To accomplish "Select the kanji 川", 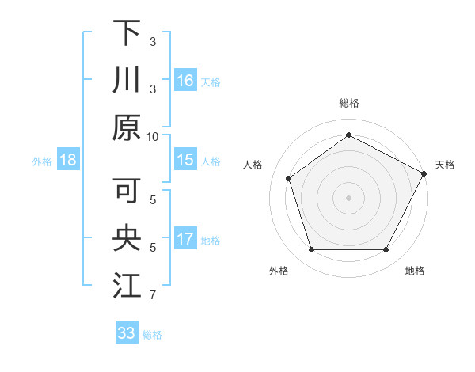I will [127, 82].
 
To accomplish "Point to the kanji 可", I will [127, 190].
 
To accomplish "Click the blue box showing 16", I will [185, 80].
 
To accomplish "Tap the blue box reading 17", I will [185, 240].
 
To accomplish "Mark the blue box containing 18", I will [68, 161].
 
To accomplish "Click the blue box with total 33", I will [126, 333].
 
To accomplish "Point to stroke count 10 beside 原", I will [153, 136].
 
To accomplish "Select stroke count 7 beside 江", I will [153, 296].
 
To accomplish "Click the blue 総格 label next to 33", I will [152, 335].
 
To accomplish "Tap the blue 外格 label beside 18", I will [42, 161].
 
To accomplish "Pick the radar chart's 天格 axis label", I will [445, 165].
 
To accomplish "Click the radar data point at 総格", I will [348, 135].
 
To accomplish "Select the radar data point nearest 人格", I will [289, 178].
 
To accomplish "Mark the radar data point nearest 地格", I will [386, 250].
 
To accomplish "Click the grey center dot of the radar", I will [348, 197].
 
